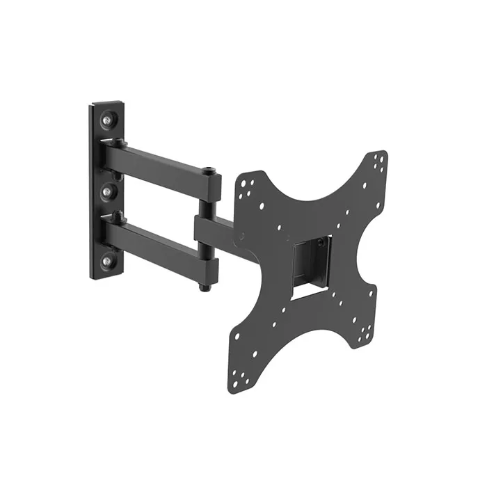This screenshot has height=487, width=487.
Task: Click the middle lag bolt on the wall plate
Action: click(x=109, y=189)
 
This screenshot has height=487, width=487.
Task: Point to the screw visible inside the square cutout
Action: click(x=320, y=243)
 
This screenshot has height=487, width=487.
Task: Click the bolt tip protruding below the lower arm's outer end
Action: click(x=202, y=286)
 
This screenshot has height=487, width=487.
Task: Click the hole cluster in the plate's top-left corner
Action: click(x=247, y=185)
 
